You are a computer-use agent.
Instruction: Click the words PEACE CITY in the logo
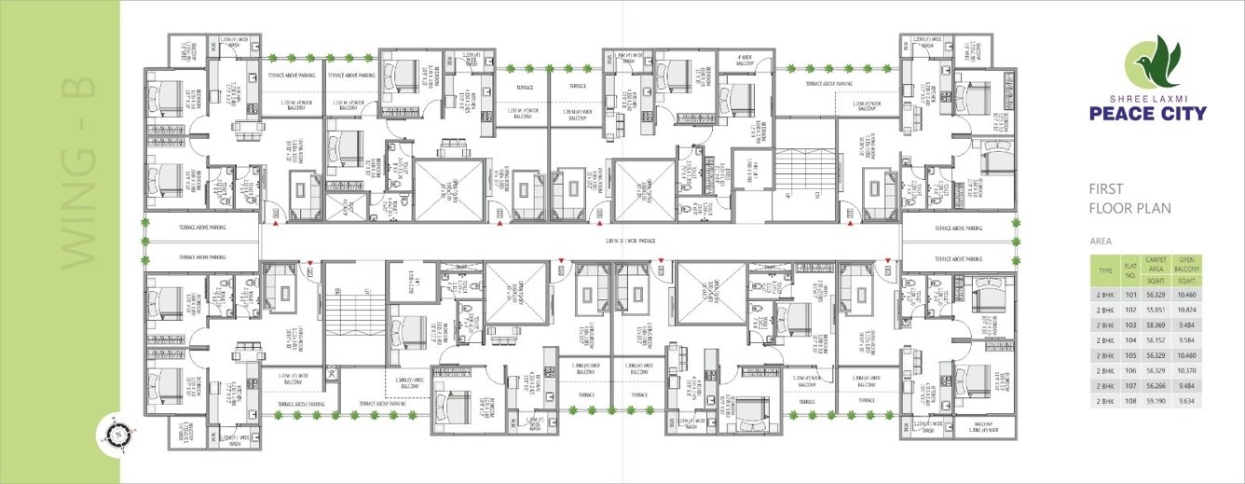pos(1154,114)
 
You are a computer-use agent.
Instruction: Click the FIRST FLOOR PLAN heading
pos(1129,199)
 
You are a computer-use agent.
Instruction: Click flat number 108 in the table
pos(1131,400)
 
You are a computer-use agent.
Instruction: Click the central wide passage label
pos(631,242)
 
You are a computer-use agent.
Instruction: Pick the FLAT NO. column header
pos(1131,270)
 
